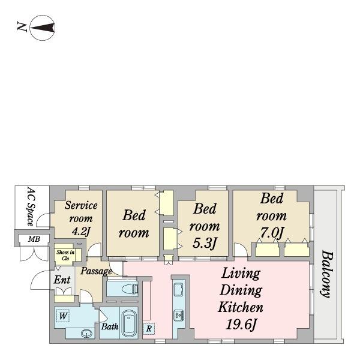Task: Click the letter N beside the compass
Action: pos(22,26)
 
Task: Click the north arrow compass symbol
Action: pos(43,28)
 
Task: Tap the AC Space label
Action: pos(32,206)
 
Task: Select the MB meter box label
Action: pos(34,239)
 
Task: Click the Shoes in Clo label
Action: pos(65,255)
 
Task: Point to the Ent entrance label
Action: pos(62,280)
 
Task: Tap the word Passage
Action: pos(97,271)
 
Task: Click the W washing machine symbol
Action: pos(63,316)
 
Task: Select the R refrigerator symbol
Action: pos(149,329)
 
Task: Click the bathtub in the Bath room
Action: pos(129,323)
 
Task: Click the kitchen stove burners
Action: pos(178,316)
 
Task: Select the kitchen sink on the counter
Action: pos(178,290)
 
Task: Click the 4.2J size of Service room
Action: pos(80,231)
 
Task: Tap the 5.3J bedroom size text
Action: pos(205,243)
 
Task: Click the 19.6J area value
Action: pos(241,325)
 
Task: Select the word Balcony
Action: pos(327,274)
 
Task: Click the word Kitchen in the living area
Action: pos(241,307)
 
